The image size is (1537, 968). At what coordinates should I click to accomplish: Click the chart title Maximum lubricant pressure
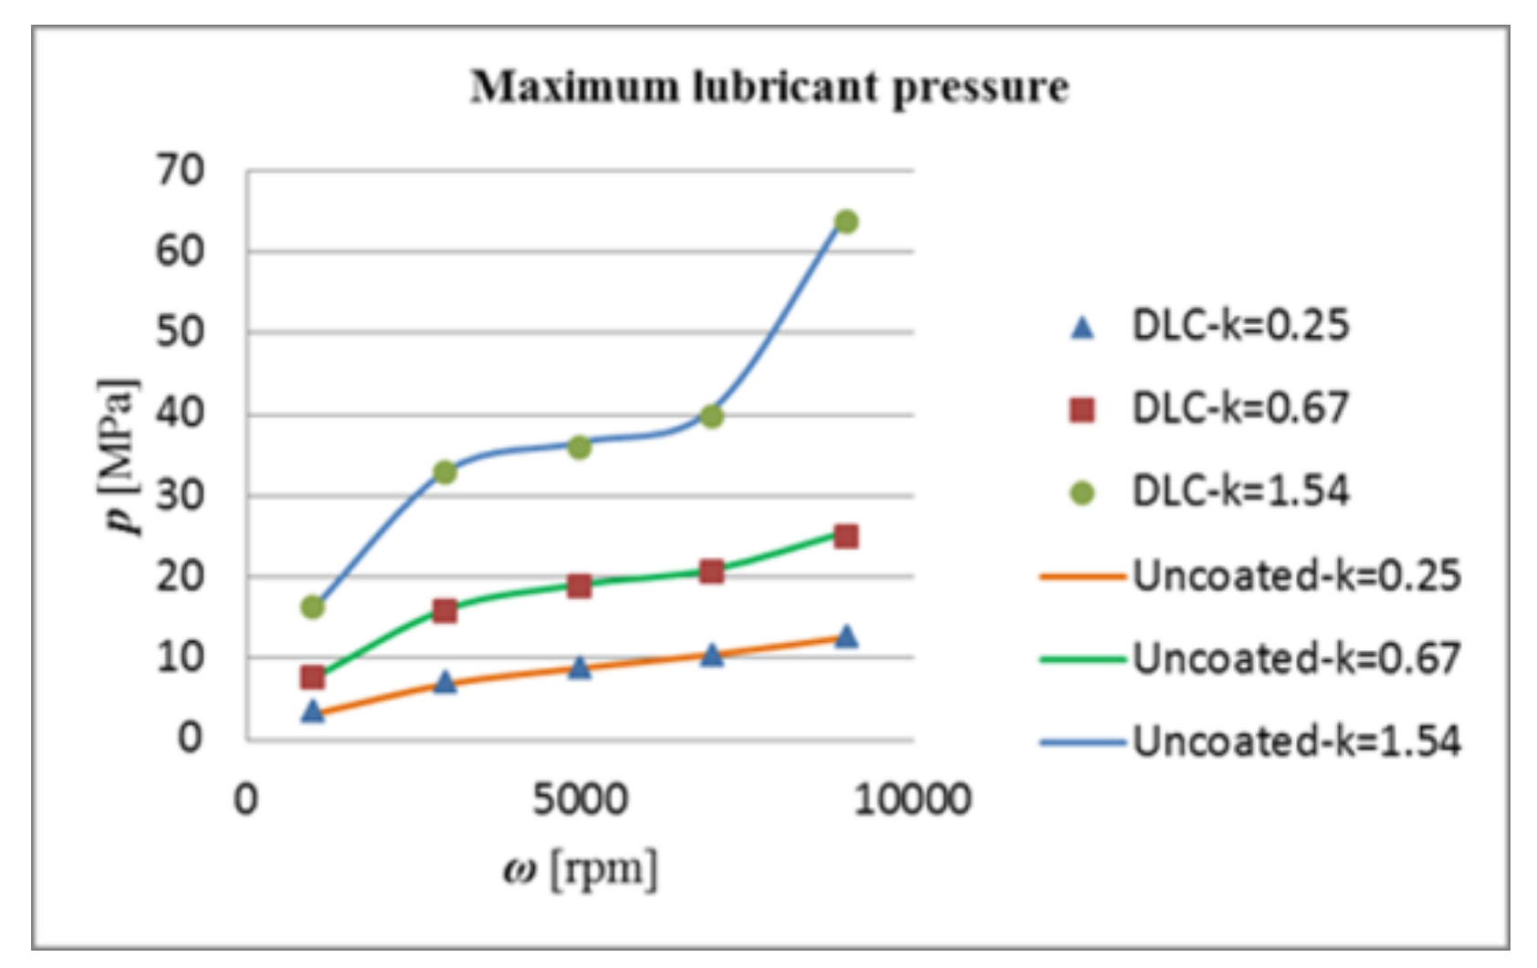(x=769, y=88)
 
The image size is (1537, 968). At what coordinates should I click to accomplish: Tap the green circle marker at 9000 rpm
(x=846, y=222)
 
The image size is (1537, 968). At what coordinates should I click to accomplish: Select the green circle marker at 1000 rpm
(x=313, y=606)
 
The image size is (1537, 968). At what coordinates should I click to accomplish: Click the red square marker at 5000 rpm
(x=579, y=585)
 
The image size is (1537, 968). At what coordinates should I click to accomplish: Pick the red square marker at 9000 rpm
(x=846, y=536)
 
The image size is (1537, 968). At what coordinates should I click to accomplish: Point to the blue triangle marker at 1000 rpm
(x=313, y=711)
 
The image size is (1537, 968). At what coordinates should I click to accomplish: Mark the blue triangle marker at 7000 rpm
(x=712, y=655)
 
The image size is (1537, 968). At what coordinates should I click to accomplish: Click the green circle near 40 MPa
(x=712, y=416)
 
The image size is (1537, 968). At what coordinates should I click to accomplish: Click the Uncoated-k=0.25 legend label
(x=1296, y=575)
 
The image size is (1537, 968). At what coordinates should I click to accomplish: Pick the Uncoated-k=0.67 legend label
(x=1296, y=658)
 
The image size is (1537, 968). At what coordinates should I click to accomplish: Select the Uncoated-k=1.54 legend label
(x=1296, y=741)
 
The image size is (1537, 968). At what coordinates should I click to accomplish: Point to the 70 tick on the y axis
(x=180, y=171)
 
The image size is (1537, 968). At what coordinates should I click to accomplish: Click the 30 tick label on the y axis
(x=180, y=496)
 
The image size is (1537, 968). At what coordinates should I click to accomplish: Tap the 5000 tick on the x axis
(x=580, y=800)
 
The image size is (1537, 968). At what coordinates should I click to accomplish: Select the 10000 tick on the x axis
(x=912, y=800)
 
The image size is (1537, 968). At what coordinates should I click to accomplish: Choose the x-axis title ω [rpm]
(x=580, y=869)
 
